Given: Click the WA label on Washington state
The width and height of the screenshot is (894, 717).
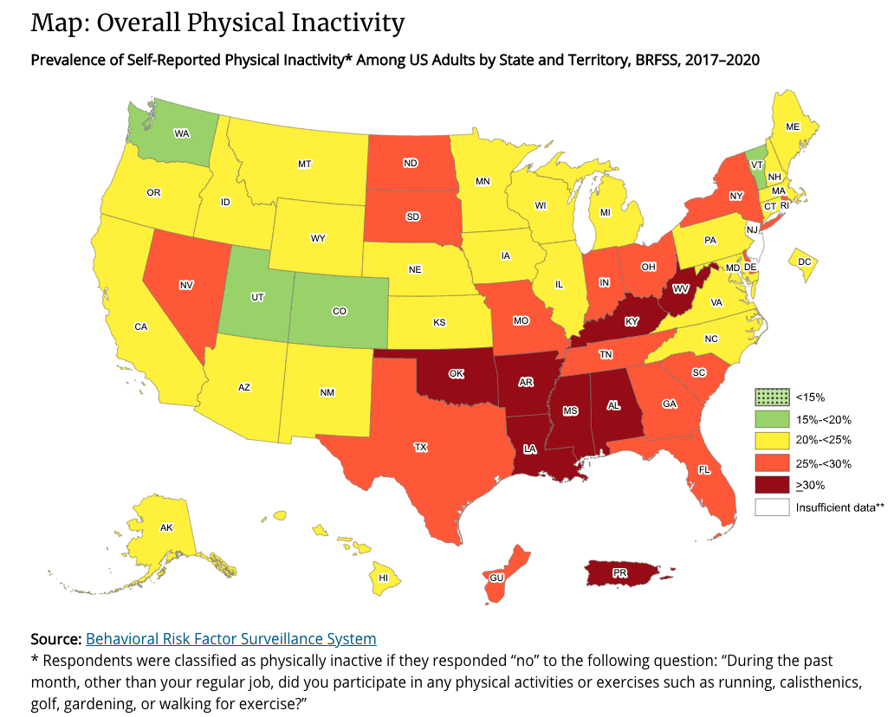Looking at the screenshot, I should (181, 133).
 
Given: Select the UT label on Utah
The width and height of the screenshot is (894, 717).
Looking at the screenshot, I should (257, 297).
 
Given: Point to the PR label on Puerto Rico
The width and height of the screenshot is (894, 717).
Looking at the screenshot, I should (620, 573).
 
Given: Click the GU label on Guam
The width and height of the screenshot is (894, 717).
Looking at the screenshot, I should (496, 577).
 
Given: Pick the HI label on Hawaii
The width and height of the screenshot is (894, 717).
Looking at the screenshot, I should (382, 577).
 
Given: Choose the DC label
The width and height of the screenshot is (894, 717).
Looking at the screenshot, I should (804, 262).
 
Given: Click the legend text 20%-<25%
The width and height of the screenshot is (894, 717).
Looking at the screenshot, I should (823, 442).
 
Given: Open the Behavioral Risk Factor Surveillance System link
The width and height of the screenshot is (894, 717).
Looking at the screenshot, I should (230, 639).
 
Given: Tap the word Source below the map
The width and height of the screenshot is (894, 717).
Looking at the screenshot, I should (55, 639).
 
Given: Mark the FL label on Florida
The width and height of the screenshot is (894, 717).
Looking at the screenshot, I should (704, 469).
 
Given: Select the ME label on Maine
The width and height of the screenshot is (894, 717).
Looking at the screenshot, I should (792, 126).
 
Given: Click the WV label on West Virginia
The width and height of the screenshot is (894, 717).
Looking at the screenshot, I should (681, 288).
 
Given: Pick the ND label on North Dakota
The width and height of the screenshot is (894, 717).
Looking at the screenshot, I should (411, 162).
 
